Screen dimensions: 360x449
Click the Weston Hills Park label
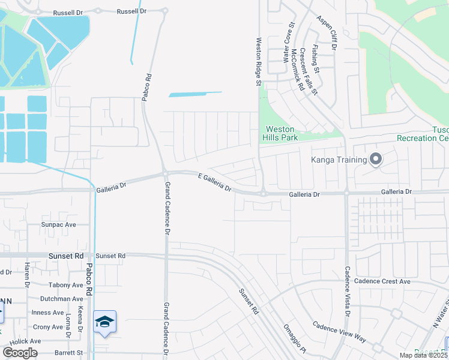(x=280, y=133)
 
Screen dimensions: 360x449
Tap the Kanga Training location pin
(x=376, y=159)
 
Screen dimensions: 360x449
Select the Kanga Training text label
(x=339, y=160)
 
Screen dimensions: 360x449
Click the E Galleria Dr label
(x=215, y=181)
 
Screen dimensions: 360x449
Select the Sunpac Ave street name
(x=59, y=224)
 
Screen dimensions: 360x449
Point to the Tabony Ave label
(x=66, y=285)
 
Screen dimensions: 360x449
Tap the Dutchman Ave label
(x=61, y=299)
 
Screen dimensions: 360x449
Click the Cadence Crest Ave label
(x=382, y=281)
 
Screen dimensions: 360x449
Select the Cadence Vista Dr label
(x=347, y=292)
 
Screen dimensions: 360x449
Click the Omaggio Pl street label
(x=295, y=341)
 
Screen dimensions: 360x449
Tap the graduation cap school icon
(x=104, y=322)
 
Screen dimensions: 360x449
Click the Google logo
(x=20, y=353)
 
